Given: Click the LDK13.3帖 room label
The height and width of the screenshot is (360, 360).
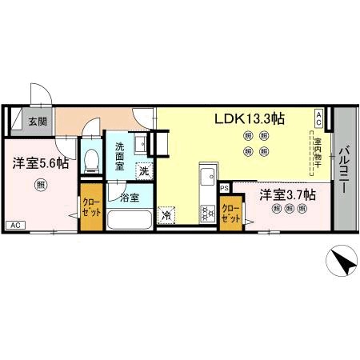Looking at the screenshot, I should (249, 119).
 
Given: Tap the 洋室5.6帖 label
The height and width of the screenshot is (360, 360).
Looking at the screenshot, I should (40, 163).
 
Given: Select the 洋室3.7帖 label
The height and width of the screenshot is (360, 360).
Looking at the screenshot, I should (286, 194).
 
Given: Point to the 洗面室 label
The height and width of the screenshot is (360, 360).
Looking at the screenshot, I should (119, 153).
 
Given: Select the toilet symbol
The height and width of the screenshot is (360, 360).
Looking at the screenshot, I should (90, 159).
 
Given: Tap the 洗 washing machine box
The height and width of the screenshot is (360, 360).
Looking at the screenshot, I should (145, 170).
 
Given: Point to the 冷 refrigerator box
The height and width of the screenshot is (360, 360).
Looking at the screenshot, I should (166, 215).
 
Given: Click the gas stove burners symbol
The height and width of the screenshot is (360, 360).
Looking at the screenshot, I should (206, 213).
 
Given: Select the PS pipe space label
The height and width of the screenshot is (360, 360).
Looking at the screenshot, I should (225, 188).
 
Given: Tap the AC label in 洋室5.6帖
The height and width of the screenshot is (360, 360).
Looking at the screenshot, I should (14, 225).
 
